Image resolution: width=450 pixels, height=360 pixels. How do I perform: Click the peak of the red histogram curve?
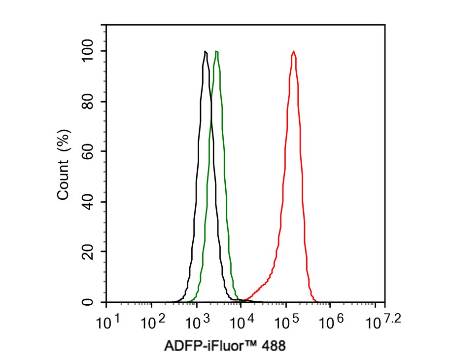tap(294, 51)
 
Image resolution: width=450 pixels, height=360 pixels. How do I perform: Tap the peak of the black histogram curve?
tap(205, 51)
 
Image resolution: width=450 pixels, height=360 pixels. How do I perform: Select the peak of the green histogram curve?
tap(216, 51)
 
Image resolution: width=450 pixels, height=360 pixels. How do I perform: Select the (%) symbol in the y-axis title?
tap(63, 141)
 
